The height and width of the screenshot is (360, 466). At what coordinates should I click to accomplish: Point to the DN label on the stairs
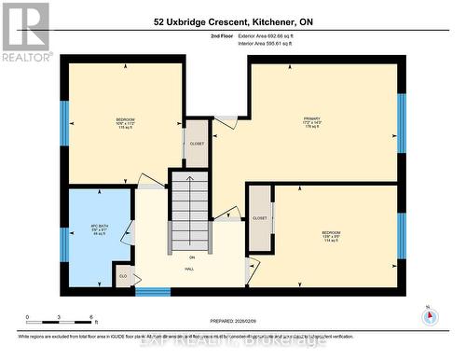(192, 256)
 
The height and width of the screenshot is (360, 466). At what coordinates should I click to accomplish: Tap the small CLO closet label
(122, 276)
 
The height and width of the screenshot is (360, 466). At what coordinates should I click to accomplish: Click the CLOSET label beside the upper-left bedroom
(197, 145)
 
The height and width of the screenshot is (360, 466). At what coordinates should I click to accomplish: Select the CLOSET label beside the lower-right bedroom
(260, 217)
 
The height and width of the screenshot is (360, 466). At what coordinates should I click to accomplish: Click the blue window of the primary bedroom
(402, 121)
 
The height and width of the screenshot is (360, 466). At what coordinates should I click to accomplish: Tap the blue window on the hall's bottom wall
(152, 291)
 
